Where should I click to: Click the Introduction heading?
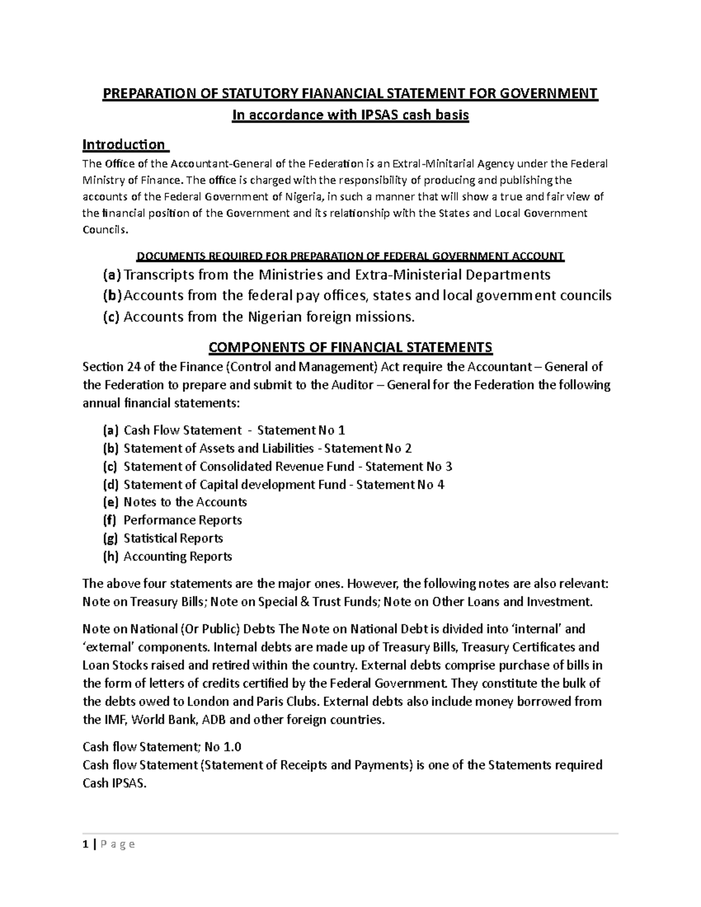pyautogui.click(x=123, y=144)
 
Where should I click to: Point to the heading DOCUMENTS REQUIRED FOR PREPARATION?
pyautogui.click(x=349, y=256)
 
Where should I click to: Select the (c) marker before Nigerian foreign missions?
pyautogui.click(x=111, y=317)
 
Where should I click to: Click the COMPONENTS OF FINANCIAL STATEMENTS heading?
pyautogui.click(x=350, y=348)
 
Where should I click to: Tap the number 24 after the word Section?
pyautogui.click(x=133, y=367)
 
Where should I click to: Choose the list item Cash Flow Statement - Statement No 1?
pyautogui.click(x=234, y=430)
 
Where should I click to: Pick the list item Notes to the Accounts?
pyautogui.click(x=185, y=502)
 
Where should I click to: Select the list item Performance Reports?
pyautogui.click(x=182, y=520)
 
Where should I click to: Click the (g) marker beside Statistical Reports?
pyautogui.click(x=110, y=538)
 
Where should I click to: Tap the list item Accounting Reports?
pyautogui.click(x=178, y=557)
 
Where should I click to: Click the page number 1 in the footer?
pyautogui.click(x=85, y=844)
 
